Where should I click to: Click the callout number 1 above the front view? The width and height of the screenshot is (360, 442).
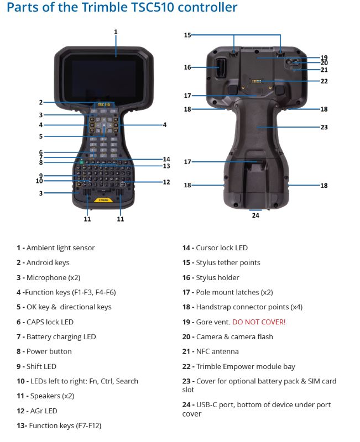pos(116,32)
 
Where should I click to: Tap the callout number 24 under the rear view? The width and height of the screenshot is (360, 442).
pos(255,215)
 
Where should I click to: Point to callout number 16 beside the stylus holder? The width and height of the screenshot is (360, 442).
pos(187,67)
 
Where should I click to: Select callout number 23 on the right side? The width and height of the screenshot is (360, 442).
pos(324,127)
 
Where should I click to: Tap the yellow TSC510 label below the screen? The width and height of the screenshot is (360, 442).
pos(103,104)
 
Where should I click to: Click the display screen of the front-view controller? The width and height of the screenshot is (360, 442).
pos(104,77)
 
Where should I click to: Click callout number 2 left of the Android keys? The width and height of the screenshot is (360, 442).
pos(41,102)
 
